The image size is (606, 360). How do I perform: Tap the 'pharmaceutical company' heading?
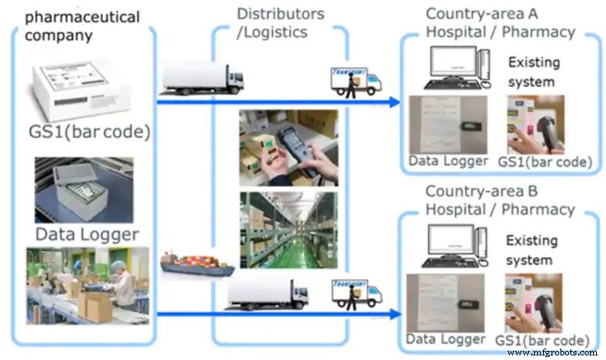tap(83, 24)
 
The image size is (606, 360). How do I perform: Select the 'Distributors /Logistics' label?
tap(280, 23)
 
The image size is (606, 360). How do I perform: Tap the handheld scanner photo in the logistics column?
tap(288, 148)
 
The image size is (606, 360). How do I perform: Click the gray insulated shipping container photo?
tap(83, 189)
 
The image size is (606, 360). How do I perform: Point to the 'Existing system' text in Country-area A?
tap(532, 71)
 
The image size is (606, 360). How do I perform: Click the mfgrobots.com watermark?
tap(556, 352)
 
